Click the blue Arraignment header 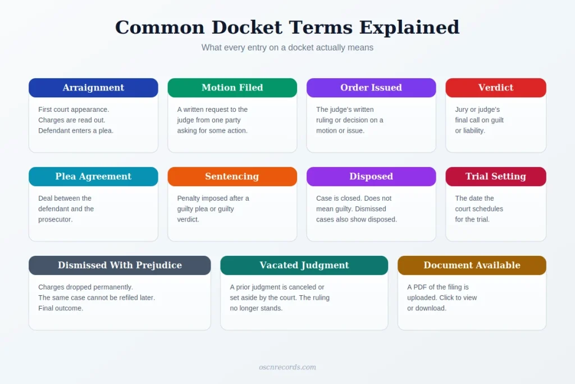pyautogui.click(x=94, y=88)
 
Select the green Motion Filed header pyautogui.click(x=232, y=88)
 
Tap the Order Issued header pyautogui.click(x=371, y=88)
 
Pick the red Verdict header pyautogui.click(x=496, y=88)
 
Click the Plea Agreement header pyautogui.click(x=94, y=177)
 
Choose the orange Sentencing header pyautogui.click(x=232, y=177)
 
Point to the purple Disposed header pyautogui.click(x=371, y=177)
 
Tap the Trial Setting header pyautogui.click(x=496, y=177)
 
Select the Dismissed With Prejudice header pyautogui.click(x=120, y=265)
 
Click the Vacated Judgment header pyautogui.click(x=304, y=265)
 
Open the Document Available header pyautogui.click(x=472, y=265)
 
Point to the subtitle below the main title pyautogui.click(x=287, y=48)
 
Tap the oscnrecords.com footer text pyautogui.click(x=287, y=367)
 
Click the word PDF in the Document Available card pyautogui.click(x=420, y=287)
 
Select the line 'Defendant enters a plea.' pyautogui.click(x=76, y=130)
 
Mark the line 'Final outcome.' pyautogui.click(x=61, y=308)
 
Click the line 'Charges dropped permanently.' pyautogui.click(x=85, y=287)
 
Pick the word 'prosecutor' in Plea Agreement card pyautogui.click(x=55, y=219)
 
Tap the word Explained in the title pyautogui.click(x=409, y=28)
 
